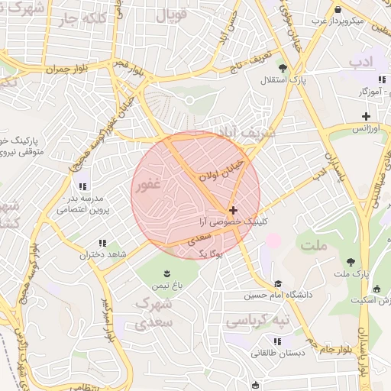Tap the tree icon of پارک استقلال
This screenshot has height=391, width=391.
coord(283,68)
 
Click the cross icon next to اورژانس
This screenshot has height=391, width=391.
coord(367,117)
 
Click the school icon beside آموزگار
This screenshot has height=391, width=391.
coord(381,80)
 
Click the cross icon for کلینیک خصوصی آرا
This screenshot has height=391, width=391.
coord(232,209)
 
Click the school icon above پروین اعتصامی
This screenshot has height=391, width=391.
coord(82,186)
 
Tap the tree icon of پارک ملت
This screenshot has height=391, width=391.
coord(351,262)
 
